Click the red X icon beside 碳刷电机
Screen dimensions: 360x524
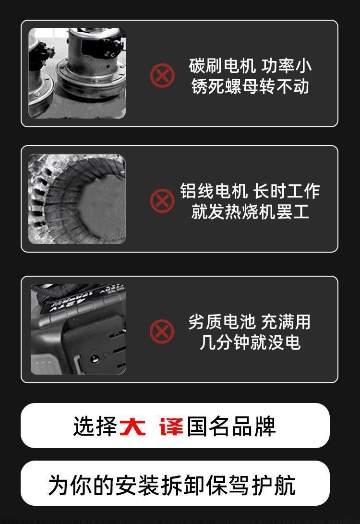pos(162,75)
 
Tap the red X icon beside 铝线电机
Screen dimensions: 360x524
pos(162,201)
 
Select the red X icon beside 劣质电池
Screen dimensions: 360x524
pos(162,331)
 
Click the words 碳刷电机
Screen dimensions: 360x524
pos(222,65)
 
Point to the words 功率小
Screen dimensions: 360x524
pos(287,65)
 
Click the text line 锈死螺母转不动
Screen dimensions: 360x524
pos(250,86)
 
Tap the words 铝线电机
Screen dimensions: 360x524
pos(214,191)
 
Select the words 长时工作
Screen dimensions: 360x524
pos(287,191)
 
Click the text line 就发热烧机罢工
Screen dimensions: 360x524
pos(250,211)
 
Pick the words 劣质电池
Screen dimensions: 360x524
pos(222,322)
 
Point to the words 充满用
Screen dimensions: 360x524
pos(286,322)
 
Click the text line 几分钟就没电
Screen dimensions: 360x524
pos(250,342)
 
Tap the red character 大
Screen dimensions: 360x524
pos(132,427)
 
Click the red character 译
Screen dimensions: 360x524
pos(171,427)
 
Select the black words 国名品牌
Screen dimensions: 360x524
pos(231,427)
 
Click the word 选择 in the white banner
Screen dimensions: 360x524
pos(95,427)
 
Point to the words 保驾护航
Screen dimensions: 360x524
pos(251,485)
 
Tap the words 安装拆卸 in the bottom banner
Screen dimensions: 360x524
pos(160,485)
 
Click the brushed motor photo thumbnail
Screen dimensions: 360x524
pos(77,73)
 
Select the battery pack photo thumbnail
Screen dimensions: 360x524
pos(78,329)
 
